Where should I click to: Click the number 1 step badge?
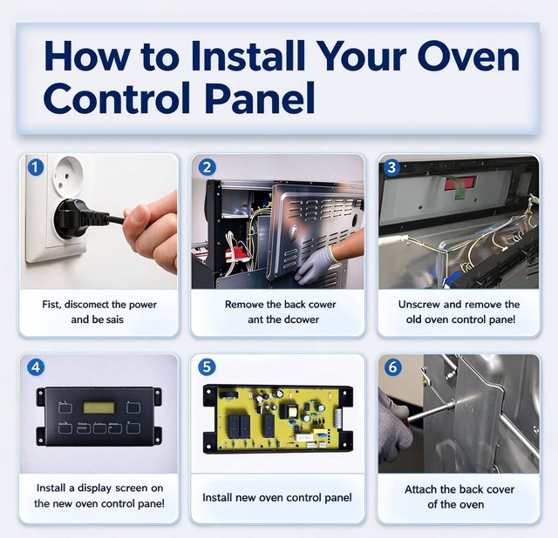36,167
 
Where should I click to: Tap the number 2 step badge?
207,167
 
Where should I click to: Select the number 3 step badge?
391,167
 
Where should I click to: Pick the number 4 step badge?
36,367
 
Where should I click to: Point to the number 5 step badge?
207,367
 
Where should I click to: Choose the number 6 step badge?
392,367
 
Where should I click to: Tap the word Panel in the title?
260,98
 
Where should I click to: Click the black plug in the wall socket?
77,217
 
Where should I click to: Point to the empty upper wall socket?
68,173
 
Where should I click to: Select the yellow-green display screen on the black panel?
99,407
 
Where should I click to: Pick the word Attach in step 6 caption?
420,489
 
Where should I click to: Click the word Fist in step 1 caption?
51,305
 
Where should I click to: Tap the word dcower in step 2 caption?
303,319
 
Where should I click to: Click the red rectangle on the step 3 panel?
459,182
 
